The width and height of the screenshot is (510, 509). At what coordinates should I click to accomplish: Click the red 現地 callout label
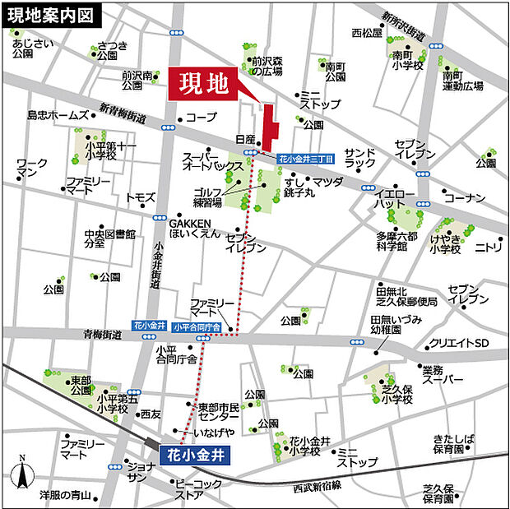click(x=205, y=84)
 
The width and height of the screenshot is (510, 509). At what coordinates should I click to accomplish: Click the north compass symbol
click(x=22, y=474)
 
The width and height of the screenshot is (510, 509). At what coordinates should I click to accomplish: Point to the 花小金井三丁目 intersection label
click(x=305, y=157)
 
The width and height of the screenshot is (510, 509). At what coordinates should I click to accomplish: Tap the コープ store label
click(x=201, y=118)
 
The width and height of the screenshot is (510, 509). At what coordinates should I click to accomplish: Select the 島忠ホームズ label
click(x=58, y=115)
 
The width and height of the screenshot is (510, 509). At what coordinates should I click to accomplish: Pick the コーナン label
click(x=466, y=197)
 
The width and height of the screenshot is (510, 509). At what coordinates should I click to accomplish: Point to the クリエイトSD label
click(x=459, y=342)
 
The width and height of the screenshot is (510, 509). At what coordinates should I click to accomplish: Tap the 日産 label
click(x=245, y=141)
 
